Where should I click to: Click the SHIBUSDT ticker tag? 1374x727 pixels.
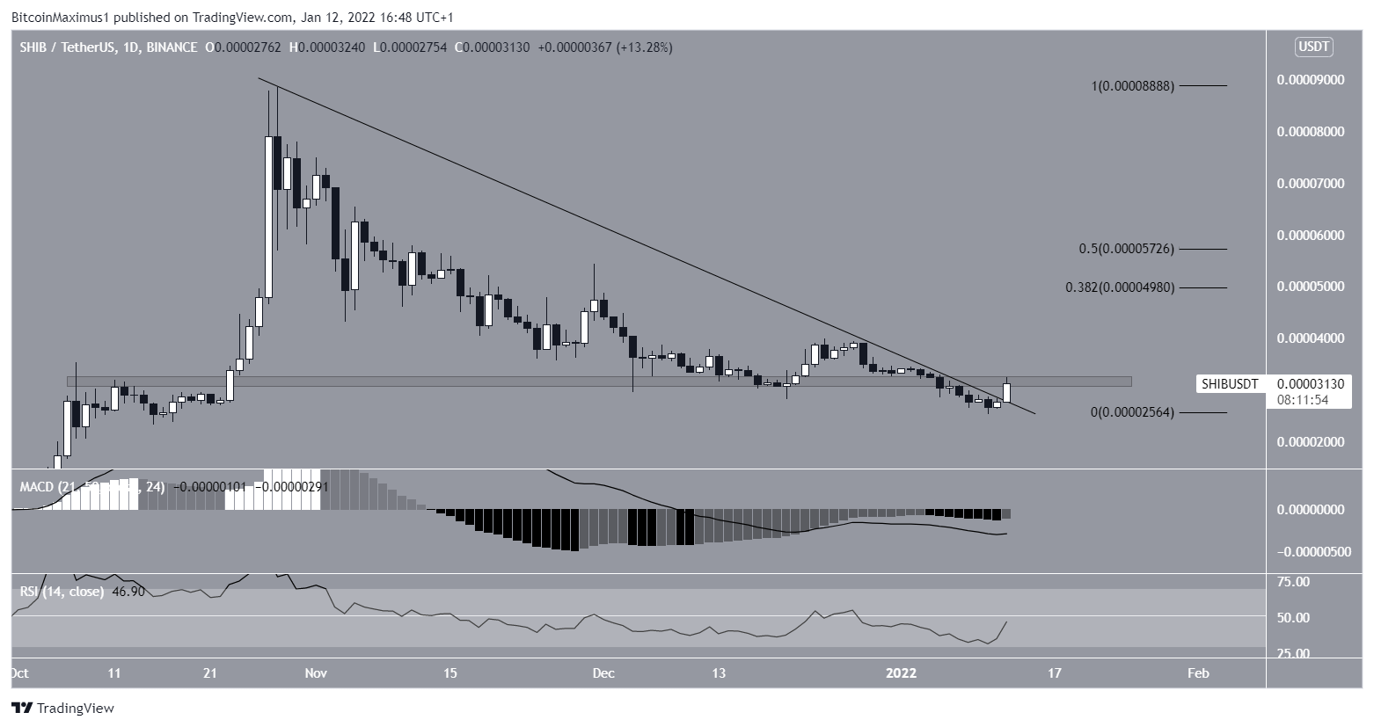point(1230,384)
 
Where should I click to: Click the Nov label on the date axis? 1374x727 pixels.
point(316,673)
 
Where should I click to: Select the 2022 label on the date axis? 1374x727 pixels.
point(902,673)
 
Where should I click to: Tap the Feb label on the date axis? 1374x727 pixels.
point(1198,673)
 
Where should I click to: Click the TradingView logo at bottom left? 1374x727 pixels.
point(62,708)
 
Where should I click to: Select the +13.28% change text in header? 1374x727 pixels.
point(645,47)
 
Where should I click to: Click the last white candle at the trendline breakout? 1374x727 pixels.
point(1008,392)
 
